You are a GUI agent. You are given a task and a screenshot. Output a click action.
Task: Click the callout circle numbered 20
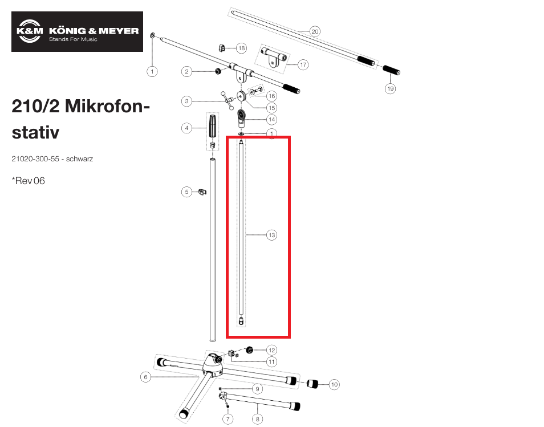(x=315, y=31)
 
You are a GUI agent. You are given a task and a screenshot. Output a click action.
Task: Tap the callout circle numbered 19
(x=390, y=88)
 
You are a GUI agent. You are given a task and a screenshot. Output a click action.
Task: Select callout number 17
(x=303, y=64)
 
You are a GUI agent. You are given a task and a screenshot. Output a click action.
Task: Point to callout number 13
(x=271, y=235)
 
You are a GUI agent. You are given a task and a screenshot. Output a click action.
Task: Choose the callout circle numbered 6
(x=146, y=377)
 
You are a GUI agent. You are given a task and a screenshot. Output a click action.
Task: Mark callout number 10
(x=334, y=384)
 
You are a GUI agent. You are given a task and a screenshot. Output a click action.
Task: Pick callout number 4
(x=186, y=128)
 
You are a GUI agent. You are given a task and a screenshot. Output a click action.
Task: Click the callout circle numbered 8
(x=257, y=419)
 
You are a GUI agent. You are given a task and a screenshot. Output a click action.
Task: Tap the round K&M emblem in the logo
(x=30, y=31)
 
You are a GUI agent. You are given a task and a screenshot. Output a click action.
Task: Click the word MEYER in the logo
(x=119, y=31)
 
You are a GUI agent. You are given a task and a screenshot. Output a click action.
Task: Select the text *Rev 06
(x=28, y=181)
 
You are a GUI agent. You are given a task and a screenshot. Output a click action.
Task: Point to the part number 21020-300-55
(x=35, y=159)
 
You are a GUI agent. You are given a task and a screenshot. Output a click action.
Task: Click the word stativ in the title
(x=35, y=132)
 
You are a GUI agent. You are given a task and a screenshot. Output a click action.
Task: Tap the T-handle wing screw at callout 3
(x=228, y=100)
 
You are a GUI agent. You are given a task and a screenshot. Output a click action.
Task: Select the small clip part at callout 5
(x=202, y=192)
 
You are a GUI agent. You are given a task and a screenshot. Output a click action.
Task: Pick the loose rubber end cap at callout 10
(x=312, y=384)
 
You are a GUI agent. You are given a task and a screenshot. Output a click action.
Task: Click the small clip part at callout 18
(x=222, y=47)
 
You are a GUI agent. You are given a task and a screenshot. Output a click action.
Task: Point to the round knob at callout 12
(x=249, y=350)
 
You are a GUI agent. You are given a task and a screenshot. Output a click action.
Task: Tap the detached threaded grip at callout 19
(x=391, y=70)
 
